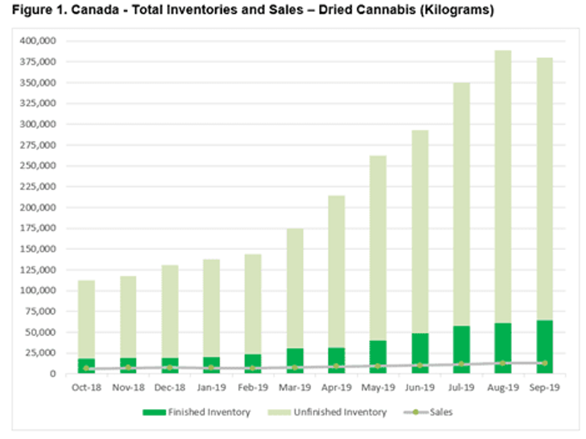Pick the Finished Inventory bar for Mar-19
pos(294,359)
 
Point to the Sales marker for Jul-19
pos(461,364)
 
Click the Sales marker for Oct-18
pos(86,368)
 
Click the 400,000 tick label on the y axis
pos(39,41)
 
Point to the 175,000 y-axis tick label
pos(39,228)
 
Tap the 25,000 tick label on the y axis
pos(41,353)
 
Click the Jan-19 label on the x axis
pos(211,388)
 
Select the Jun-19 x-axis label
pos(419,388)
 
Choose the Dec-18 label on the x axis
pos(169,388)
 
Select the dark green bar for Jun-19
pos(419,353)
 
